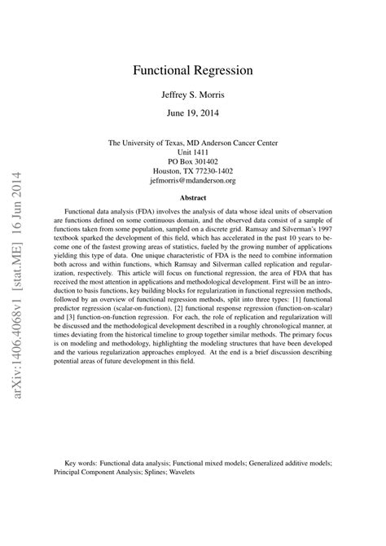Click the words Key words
85,461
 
